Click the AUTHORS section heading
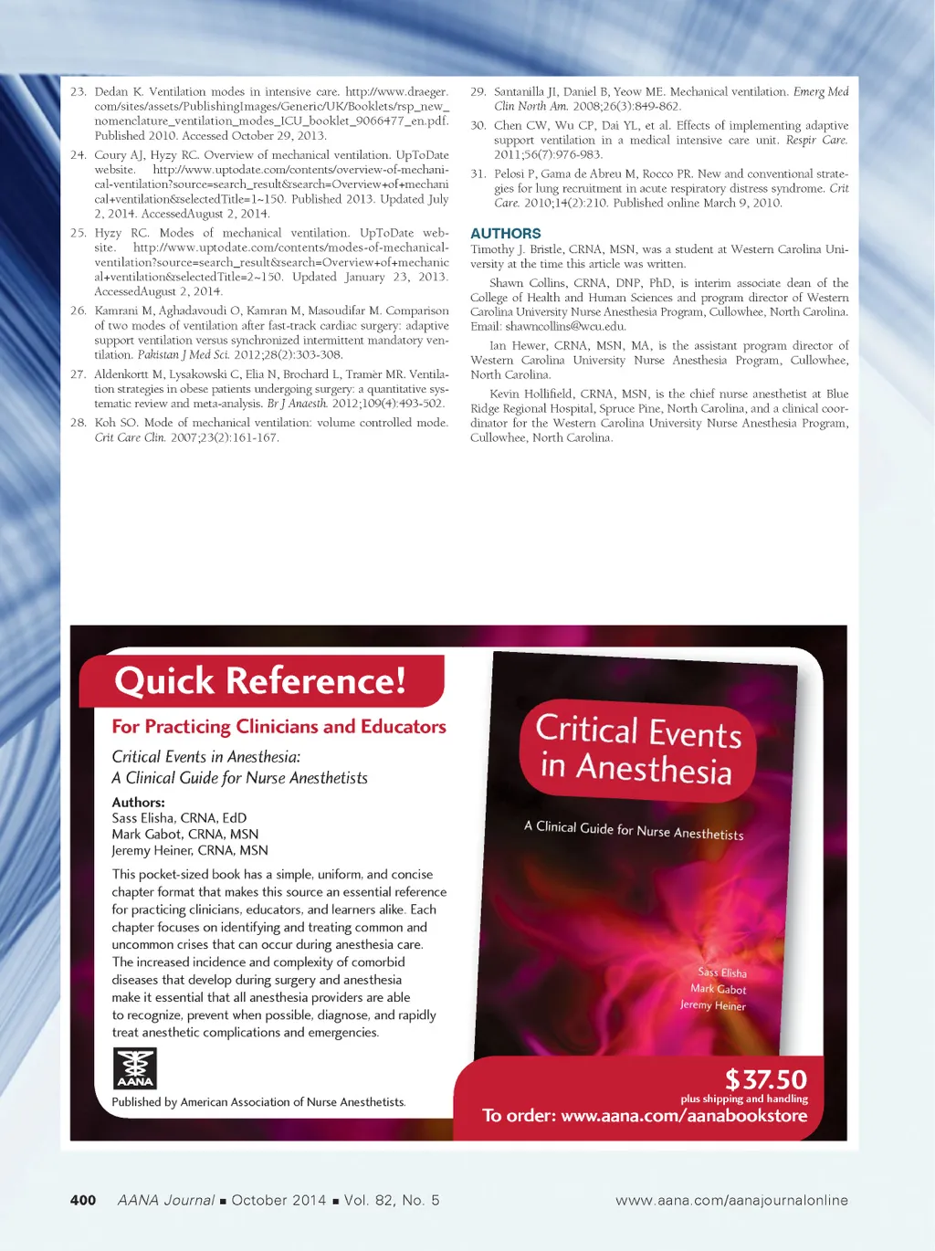pyautogui.click(x=505, y=234)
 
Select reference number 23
pyautogui.click(x=78, y=92)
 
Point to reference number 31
pyautogui.click(x=478, y=173)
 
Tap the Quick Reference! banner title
pyautogui.click(x=260, y=681)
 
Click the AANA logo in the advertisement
pyautogui.click(x=134, y=1068)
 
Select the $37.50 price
pyautogui.click(x=766, y=1079)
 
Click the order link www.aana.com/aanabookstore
pyautogui.click(x=684, y=1116)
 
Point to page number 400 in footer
pyautogui.click(x=83, y=1200)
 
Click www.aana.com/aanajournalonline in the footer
pyautogui.click(x=731, y=1200)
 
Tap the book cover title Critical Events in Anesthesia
pyautogui.click(x=638, y=749)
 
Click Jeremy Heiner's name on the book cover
pyautogui.click(x=713, y=1005)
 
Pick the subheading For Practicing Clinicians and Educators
pyautogui.click(x=278, y=727)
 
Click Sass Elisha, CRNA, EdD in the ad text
pyautogui.click(x=179, y=818)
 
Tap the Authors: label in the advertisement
pyautogui.click(x=138, y=802)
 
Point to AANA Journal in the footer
pyautogui.click(x=166, y=1200)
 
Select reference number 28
pyautogui.click(x=78, y=423)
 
